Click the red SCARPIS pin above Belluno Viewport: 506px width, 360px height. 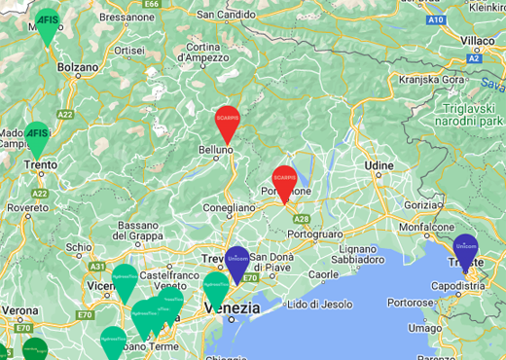click(x=227, y=123)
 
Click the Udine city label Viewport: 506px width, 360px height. click(x=379, y=166)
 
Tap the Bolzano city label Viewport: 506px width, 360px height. click(x=79, y=67)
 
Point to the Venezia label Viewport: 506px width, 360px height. click(x=233, y=307)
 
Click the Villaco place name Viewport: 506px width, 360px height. click(x=478, y=40)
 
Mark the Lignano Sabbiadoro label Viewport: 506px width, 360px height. click(x=358, y=253)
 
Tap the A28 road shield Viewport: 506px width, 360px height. click(x=302, y=220)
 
